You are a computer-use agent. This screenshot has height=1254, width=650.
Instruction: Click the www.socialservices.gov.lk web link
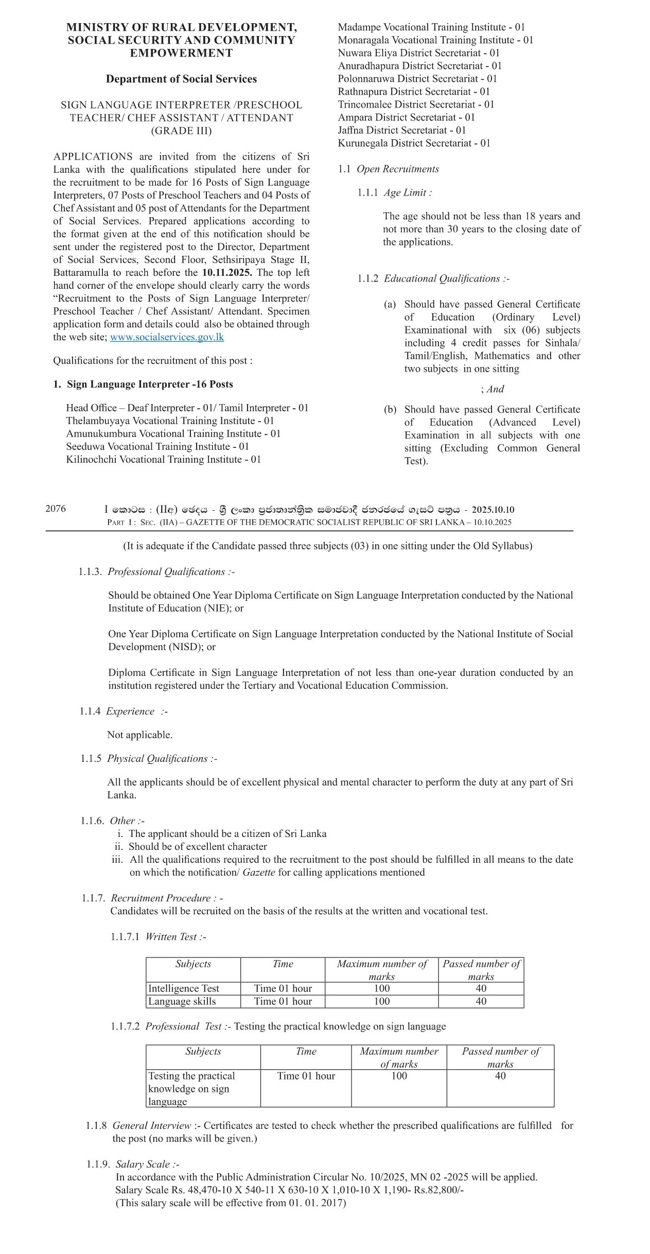point(167,337)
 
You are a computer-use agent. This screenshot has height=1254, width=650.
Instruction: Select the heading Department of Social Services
point(181,79)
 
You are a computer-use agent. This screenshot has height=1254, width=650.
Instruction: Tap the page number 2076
point(56,509)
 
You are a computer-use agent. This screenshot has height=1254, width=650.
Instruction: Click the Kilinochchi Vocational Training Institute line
point(163,459)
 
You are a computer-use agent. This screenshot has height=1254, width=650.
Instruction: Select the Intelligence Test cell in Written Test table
point(184,988)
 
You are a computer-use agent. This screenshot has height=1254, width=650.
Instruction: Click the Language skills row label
point(182,1001)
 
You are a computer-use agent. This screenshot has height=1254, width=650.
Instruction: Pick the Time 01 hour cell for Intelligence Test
point(283,988)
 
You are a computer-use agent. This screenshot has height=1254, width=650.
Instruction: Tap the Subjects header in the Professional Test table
point(203,1052)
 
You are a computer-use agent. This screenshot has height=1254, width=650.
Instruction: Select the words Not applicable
point(139,735)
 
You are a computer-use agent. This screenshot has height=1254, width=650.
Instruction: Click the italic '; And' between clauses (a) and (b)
point(493,389)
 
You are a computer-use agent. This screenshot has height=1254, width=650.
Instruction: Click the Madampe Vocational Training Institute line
point(431,27)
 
